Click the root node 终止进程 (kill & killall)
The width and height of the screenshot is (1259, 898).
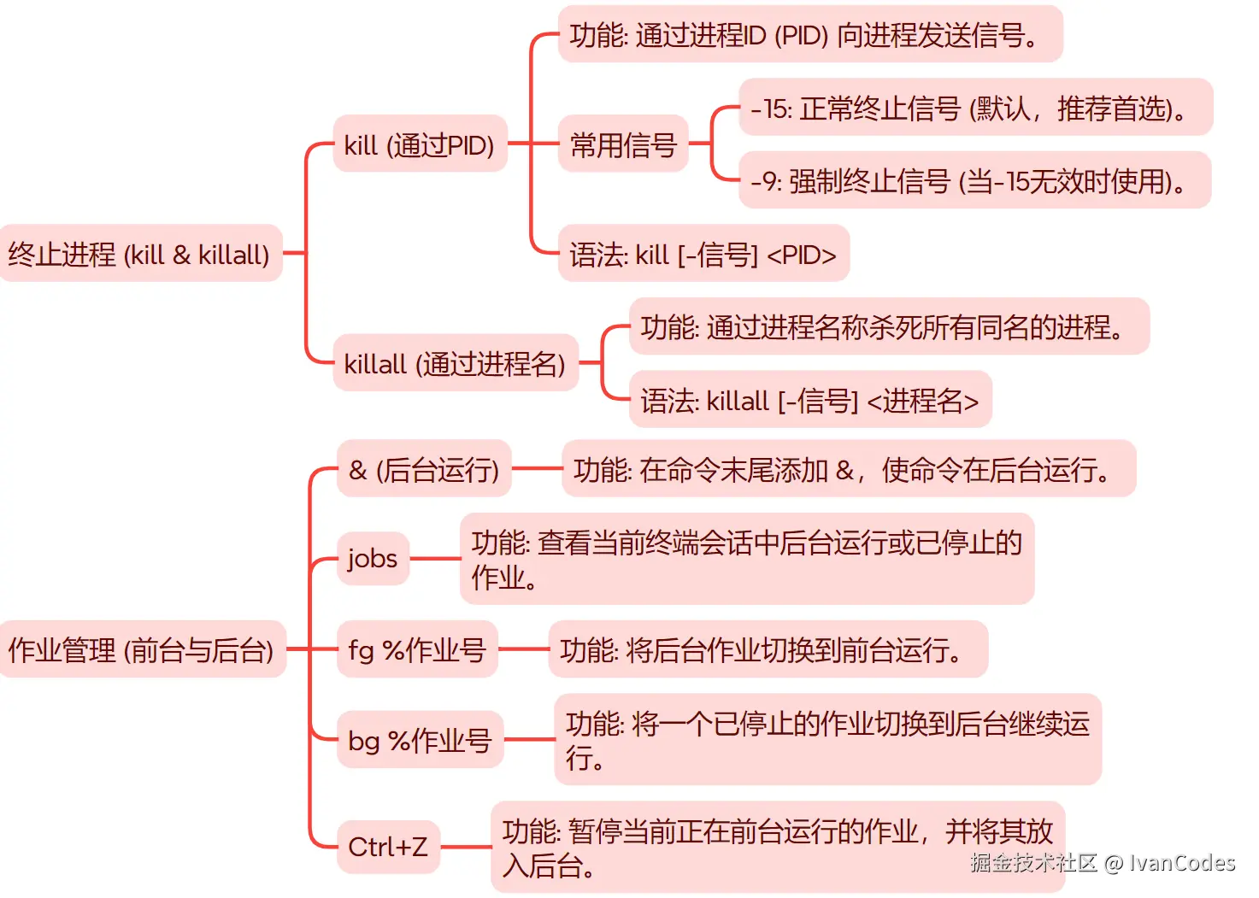pyautogui.click(x=140, y=254)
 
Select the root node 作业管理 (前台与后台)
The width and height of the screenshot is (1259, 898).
pyautogui.click(x=142, y=650)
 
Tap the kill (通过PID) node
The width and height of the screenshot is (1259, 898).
pyautogui.click(x=420, y=144)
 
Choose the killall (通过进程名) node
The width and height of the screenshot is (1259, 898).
pyautogui.click(x=455, y=363)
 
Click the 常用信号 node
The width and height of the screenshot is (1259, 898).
pyautogui.click(x=623, y=144)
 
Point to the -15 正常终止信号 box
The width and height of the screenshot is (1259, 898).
pyautogui.click(x=974, y=108)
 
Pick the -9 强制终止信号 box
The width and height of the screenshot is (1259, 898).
pyautogui.click(x=974, y=180)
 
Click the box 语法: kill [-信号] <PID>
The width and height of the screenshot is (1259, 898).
pyautogui.click(x=703, y=254)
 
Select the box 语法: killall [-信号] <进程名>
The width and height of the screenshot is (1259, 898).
pyautogui.click(x=809, y=400)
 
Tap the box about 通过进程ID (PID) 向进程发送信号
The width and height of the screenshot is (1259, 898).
pyautogui.click(x=809, y=35)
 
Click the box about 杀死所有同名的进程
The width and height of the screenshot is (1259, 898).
pyautogui.click(x=889, y=326)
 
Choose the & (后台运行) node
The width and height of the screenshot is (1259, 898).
pyautogui.click(x=424, y=469)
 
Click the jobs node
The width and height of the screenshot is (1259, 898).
pyautogui.click(x=373, y=559)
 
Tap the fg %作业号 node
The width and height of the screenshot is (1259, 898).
pyautogui.click(x=417, y=650)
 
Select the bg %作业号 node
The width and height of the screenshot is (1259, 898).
pyautogui.click(x=420, y=740)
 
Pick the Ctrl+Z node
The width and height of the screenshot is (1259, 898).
pyautogui.click(x=388, y=847)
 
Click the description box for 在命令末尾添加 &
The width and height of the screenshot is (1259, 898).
pyautogui.click(x=848, y=469)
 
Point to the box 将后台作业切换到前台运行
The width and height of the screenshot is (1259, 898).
pyautogui.click(x=768, y=650)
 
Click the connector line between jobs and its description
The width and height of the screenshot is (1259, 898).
pyautogui.click(x=435, y=559)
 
